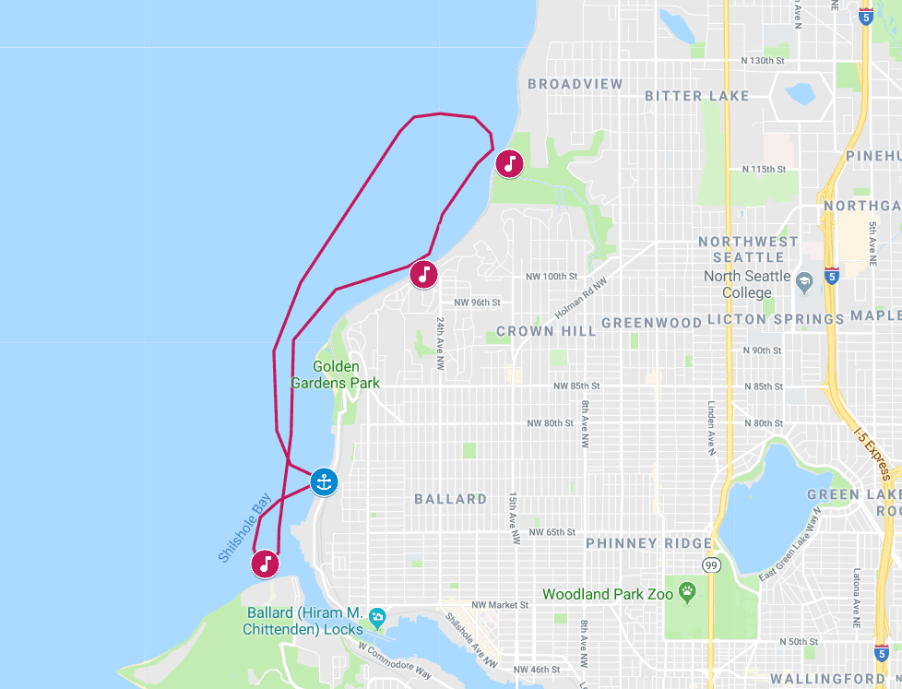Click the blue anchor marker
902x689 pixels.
coord(323,481)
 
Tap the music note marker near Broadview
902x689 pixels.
coord(509,164)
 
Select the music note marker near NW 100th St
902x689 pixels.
coord(423,274)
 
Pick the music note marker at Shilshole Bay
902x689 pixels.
coord(266,563)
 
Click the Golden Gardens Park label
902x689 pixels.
coord(336,374)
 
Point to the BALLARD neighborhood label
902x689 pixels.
coord(450,499)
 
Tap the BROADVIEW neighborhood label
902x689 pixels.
coord(576,84)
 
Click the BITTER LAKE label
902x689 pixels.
coord(696,96)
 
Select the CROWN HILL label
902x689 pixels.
coord(539,331)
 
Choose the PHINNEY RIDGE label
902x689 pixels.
coord(648,543)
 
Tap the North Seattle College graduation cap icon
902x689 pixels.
coord(804,279)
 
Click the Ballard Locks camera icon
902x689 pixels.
coord(376,616)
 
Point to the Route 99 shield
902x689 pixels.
coord(709,564)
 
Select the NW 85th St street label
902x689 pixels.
coord(576,386)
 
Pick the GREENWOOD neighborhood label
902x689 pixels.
coord(651,322)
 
